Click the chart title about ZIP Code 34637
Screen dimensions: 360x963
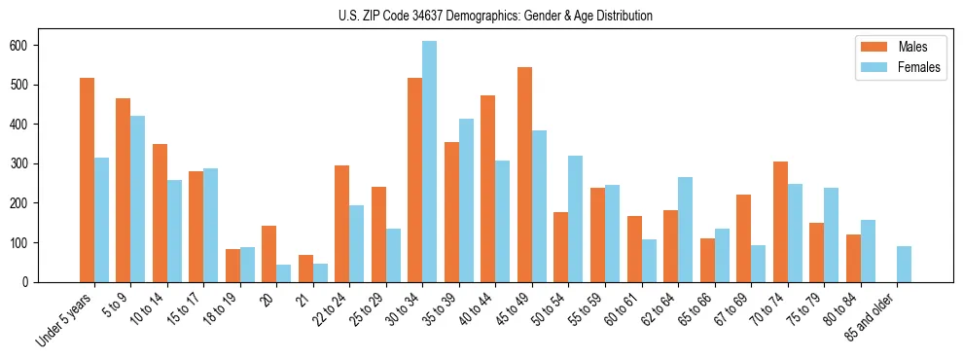[481, 16]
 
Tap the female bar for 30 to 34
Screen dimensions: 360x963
[429, 162]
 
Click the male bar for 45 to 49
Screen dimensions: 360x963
[524, 175]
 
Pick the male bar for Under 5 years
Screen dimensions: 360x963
[87, 180]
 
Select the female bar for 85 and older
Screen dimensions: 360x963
[904, 265]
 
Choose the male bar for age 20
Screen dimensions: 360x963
[268, 254]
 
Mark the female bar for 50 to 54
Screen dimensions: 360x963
[575, 219]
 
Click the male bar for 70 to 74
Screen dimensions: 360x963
[780, 222]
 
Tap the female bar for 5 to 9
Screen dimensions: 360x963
[137, 199]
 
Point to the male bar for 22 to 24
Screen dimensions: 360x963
[341, 224]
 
